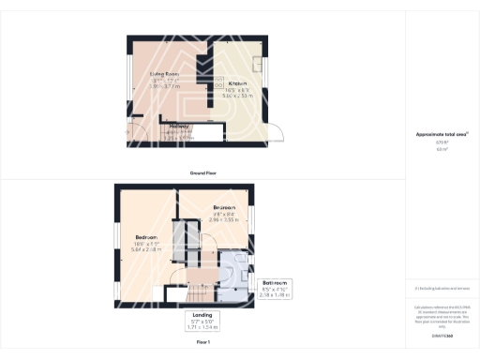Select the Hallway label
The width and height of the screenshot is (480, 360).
coord(180,126)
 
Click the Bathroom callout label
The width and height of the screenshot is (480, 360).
coord(276,282)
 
